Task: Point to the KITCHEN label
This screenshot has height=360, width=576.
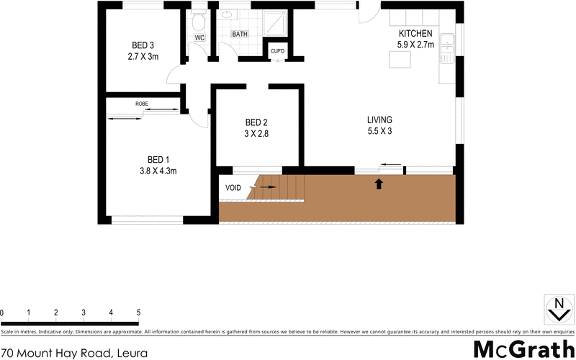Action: point(415,33)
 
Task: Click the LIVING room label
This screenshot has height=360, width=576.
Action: point(379,120)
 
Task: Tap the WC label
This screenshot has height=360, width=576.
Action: point(200,38)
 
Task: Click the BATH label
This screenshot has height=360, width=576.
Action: point(240,34)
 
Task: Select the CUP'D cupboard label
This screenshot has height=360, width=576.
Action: point(277,51)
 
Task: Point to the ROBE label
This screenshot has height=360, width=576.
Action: point(142,104)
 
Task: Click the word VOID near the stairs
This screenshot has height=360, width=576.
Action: point(233,188)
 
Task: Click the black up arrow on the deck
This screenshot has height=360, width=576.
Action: point(379,184)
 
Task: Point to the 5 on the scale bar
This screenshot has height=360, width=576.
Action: point(138,312)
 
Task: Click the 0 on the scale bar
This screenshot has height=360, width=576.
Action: point(2,312)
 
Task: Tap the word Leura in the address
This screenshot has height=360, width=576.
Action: point(132,353)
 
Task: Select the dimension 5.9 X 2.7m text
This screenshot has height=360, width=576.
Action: point(415,45)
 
